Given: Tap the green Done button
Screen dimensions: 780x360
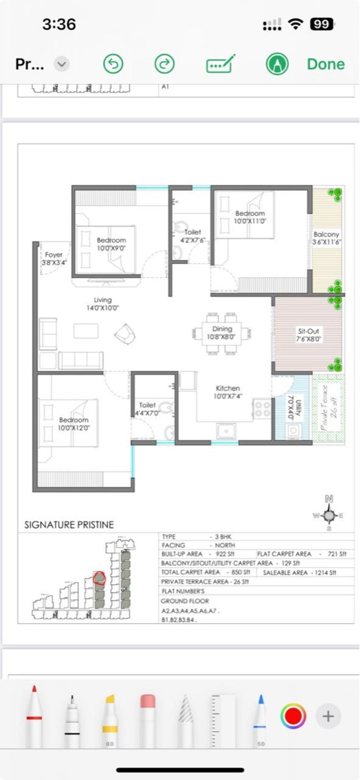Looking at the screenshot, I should (x=325, y=64).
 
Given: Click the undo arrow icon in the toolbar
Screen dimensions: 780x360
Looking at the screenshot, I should (x=113, y=64).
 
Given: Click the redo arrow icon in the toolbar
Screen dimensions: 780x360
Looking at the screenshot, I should (x=164, y=64).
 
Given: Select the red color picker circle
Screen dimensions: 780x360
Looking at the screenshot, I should (x=293, y=716).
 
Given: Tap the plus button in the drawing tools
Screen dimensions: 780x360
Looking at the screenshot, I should (x=328, y=716).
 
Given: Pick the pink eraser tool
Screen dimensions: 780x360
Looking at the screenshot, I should (x=148, y=718).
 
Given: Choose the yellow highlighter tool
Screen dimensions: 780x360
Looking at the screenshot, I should (x=110, y=718).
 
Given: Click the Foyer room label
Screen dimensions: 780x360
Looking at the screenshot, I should (x=54, y=258).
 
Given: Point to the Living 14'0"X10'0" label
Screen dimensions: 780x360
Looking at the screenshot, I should (x=102, y=304).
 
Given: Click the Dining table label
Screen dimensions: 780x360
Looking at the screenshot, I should (x=222, y=333).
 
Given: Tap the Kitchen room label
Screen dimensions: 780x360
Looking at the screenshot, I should (x=228, y=392).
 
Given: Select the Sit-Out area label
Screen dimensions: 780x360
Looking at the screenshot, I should (x=308, y=335).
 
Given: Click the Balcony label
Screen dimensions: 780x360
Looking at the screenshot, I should (x=326, y=238).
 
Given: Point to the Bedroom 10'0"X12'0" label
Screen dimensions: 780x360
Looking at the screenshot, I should (x=74, y=424).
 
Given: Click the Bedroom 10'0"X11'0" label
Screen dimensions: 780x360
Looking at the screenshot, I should (x=250, y=217).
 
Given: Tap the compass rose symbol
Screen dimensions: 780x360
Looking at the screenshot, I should (x=329, y=515).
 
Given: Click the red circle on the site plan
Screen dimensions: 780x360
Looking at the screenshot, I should (x=99, y=578).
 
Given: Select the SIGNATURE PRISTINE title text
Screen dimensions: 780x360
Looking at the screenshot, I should (x=69, y=525).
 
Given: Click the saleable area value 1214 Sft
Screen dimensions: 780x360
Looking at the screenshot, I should (x=325, y=572).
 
